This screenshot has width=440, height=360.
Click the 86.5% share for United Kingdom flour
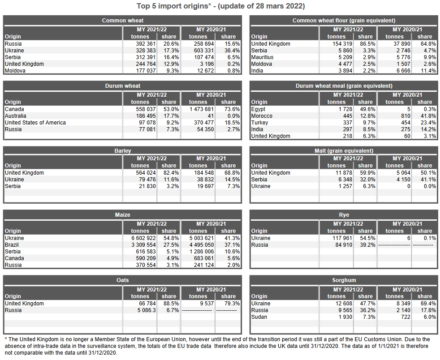click(365, 44)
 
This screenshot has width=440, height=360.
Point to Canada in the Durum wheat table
click(14, 109)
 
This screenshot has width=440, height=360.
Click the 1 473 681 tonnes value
click(198, 109)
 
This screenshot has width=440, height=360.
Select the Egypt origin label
click(259, 109)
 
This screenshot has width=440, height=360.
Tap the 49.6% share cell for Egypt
click(365, 109)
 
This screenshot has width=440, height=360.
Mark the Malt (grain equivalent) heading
click(344, 151)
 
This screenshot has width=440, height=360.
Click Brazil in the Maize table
click(12, 245)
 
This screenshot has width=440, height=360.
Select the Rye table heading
click(344, 215)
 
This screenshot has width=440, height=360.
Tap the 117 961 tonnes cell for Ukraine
click(341, 238)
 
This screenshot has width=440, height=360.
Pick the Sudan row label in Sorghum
click(259, 317)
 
